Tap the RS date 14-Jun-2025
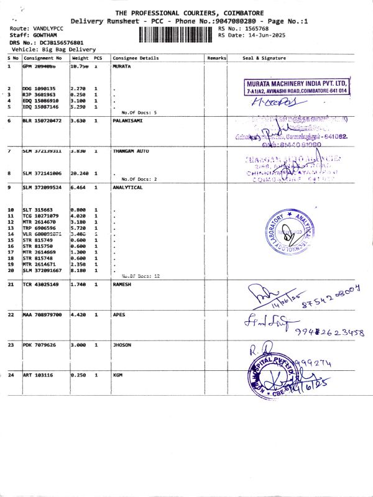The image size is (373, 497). click(264, 35)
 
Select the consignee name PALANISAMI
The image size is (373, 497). click(127, 121)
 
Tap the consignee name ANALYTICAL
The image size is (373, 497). click(127, 187)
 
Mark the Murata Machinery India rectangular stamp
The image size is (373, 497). click(297, 86)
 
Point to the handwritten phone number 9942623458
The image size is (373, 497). click(329, 332)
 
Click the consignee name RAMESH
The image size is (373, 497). click(122, 284)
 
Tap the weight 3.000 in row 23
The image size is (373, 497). click(79, 345)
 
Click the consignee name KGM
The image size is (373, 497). click(117, 375)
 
